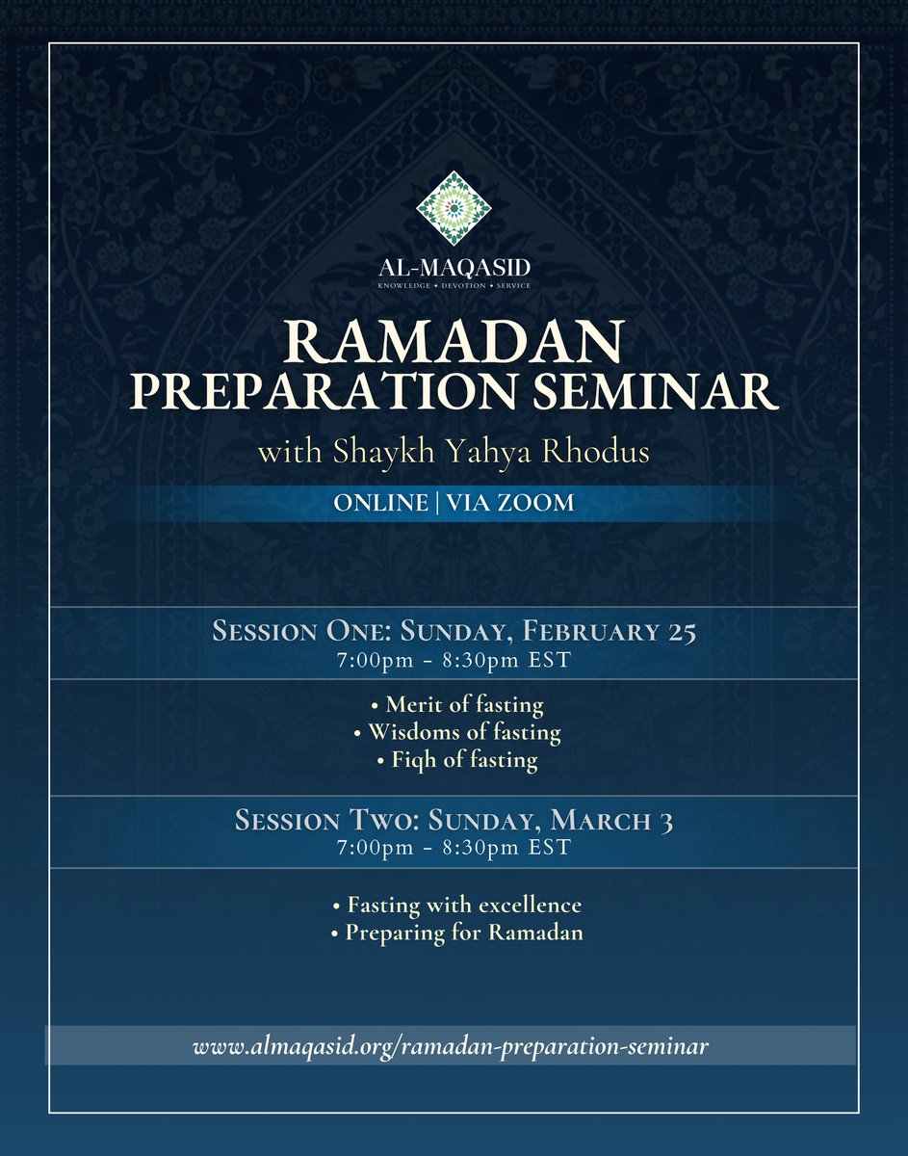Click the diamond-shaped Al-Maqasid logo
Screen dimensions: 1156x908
coord(454,209)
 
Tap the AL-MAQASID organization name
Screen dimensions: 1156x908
coord(454,267)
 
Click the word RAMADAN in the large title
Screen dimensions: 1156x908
coord(454,342)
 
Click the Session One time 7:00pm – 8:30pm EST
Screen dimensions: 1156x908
coord(454,661)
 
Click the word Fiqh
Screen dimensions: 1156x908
coord(415,760)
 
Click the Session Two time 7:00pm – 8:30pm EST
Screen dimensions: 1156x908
coord(454,848)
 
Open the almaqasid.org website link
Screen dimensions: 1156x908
coord(451,1046)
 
